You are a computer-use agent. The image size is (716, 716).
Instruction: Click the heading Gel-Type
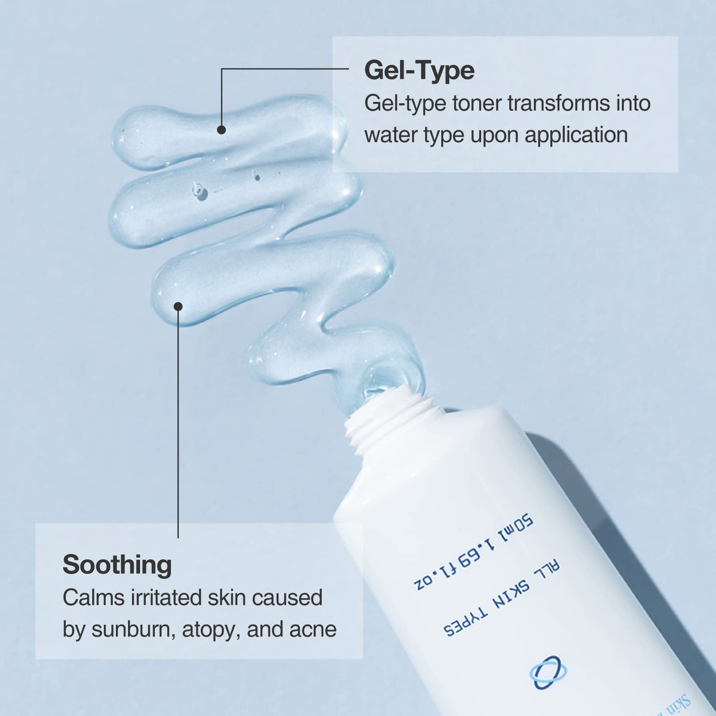pyautogui.click(x=419, y=71)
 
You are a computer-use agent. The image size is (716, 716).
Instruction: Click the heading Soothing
pyautogui.click(x=117, y=565)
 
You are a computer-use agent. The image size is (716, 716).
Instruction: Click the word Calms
pyautogui.click(x=93, y=598)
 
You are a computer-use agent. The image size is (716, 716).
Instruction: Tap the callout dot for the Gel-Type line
pyautogui.click(x=222, y=130)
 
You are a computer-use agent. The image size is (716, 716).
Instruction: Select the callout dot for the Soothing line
pyautogui.click(x=178, y=307)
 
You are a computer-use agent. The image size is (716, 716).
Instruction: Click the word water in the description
pyautogui.click(x=390, y=135)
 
